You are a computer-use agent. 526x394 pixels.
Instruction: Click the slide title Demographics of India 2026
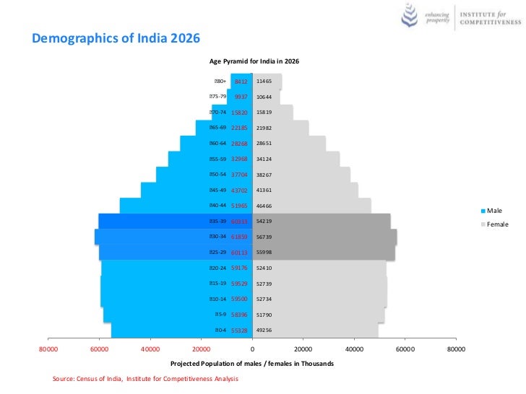(116, 38)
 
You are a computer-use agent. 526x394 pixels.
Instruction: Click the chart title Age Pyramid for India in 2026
(254, 61)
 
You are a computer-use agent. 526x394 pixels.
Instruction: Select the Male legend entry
(494, 211)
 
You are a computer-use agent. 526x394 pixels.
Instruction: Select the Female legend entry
(497, 224)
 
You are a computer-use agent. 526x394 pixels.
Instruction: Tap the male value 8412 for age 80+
(241, 82)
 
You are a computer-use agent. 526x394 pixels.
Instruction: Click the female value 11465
(264, 82)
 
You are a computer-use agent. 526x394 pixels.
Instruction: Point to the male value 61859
(239, 237)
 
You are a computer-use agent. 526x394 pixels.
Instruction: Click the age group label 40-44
(217, 206)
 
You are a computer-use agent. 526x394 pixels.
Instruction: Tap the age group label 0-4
(220, 330)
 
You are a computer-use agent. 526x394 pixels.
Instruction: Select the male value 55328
(239, 330)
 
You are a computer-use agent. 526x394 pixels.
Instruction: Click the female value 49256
(264, 330)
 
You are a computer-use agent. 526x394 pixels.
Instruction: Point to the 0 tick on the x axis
(252, 349)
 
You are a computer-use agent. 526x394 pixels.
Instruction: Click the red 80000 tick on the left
(48, 349)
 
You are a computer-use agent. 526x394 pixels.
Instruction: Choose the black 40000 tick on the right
(354, 349)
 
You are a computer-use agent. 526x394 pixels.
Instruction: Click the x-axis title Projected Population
(252, 364)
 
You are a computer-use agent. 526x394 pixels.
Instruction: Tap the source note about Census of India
(145, 378)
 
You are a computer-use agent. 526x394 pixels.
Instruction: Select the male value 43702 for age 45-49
(239, 191)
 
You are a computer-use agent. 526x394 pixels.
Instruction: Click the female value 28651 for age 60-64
(264, 144)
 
